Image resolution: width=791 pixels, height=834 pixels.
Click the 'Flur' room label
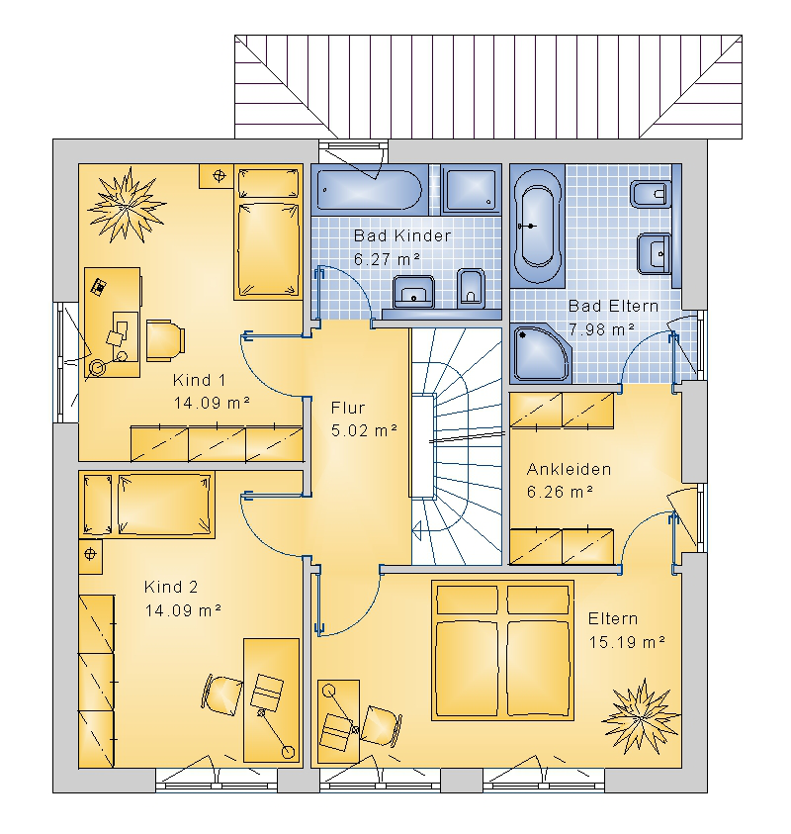tap(348, 408)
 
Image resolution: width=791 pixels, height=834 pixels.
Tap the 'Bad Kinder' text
tap(402, 235)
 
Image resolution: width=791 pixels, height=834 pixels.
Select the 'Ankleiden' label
tap(569, 469)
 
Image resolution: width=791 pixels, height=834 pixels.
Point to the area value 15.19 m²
tap(627, 642)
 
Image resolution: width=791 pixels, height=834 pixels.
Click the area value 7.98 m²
tap(601, 329)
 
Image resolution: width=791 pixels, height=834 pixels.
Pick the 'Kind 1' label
tap(200, 380)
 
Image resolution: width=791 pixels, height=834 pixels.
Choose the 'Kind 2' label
tap(171, 588)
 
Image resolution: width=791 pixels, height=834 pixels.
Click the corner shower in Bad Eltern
tap(540, 353)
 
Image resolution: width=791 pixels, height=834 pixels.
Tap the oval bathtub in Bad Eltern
tap(538, 226)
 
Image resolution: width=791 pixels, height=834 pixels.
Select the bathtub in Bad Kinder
tap(370, 190)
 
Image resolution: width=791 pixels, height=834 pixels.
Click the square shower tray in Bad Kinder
tap(471, 190)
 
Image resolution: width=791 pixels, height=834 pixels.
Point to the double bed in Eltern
tap(503, 651)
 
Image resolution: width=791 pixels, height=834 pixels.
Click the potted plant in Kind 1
tap(127, 205)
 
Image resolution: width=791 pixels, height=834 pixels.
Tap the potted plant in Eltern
tap(641, 716)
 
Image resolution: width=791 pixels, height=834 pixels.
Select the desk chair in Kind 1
tap(165, 340)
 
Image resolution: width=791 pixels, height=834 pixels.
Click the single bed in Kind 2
tap(147, 505)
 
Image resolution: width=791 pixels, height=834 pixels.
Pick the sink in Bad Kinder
tap(413, 292)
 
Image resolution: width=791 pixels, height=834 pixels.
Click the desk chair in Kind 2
tap(222, 695)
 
